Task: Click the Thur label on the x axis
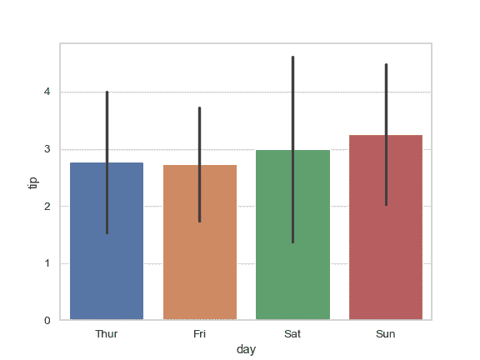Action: (107, 334)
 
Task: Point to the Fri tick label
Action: (200, 334)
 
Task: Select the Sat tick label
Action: (292, 334)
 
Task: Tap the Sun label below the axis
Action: (386, 334)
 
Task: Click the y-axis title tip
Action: (33, 182)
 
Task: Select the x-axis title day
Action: (246, 350)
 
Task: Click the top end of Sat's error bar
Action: (292, 57)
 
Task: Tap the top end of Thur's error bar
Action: (107, 92)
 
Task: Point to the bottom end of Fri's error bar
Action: (200, 221)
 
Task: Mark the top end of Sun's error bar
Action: (386, 65)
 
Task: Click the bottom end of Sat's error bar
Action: (292, 242)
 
